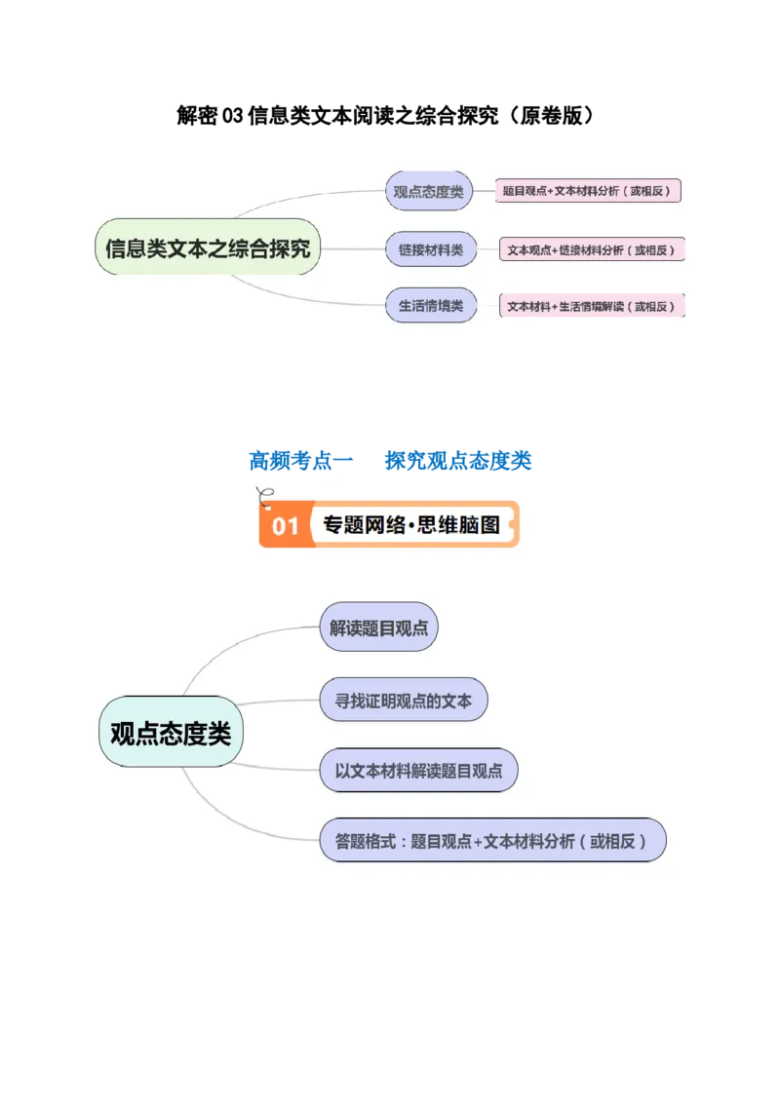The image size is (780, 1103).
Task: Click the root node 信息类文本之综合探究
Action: (x=208, y=247)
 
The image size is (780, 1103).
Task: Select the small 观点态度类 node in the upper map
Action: (x=429, y=191)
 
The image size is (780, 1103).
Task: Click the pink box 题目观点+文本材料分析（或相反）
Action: (x=588, y=191)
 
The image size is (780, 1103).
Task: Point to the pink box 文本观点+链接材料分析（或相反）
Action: (x=592, y=249)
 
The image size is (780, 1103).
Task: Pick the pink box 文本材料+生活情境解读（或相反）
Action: (x=592, y=306)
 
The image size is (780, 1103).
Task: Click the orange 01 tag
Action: (x=285, y=526)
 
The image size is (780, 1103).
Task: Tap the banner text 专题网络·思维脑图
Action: (x=410, y=525)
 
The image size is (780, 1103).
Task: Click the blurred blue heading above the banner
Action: (x=390, y=459)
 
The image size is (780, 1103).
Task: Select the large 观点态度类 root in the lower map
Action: (x=171, y=734)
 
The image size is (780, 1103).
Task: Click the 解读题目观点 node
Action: (x=378, y=628)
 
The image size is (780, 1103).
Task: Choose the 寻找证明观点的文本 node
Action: (x=403, y=700)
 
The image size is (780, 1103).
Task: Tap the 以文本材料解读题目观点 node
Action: (x=418, y=771)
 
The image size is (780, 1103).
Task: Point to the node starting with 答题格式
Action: (x=492, y=840)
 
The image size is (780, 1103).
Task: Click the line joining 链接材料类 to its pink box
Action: (x=487, y=249)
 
